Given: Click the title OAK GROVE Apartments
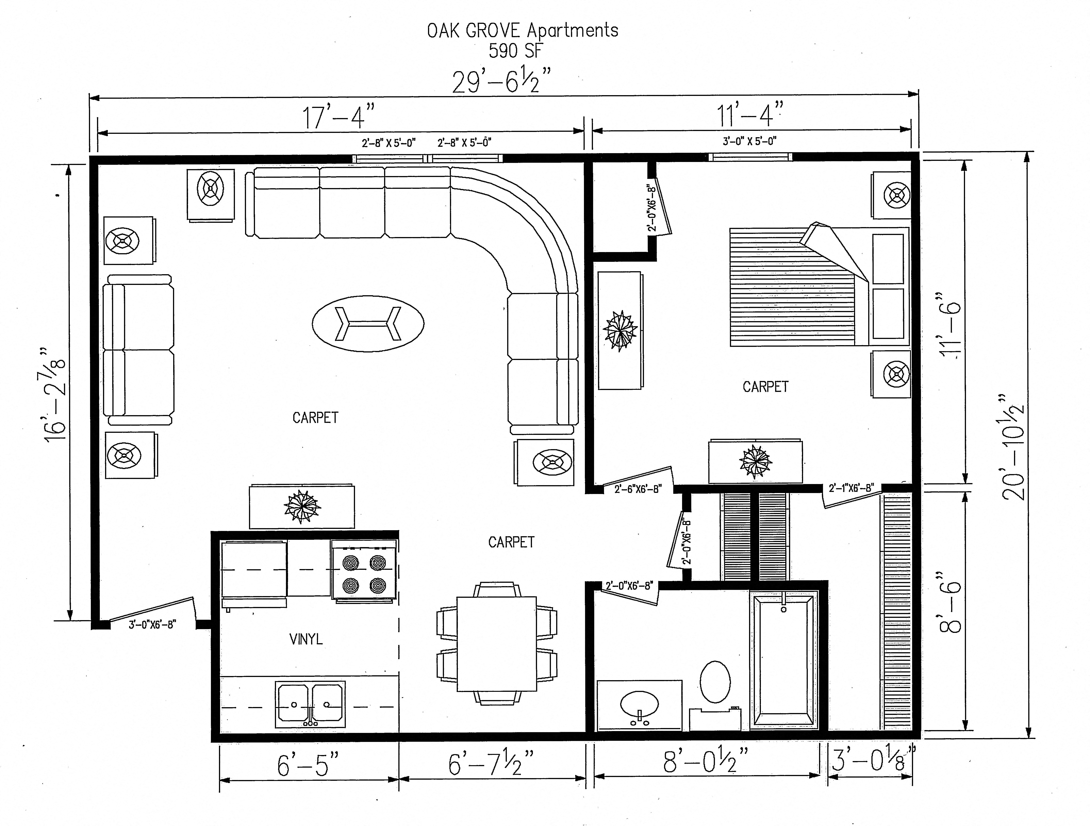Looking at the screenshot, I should tap(522, 31).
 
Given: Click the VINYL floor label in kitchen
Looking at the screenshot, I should tap(306, 639).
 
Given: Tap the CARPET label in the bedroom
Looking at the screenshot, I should tap(765, 387).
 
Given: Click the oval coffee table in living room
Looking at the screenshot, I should tap(368, 324).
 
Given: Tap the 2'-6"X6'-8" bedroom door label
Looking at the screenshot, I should tap(638, 489).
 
